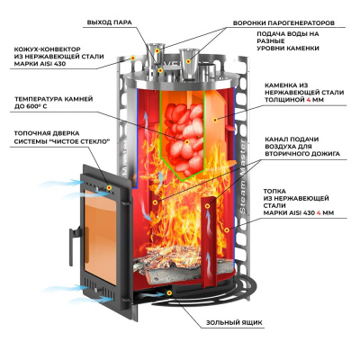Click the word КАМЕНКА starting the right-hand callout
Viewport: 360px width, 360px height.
click(x=279, y=87)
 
